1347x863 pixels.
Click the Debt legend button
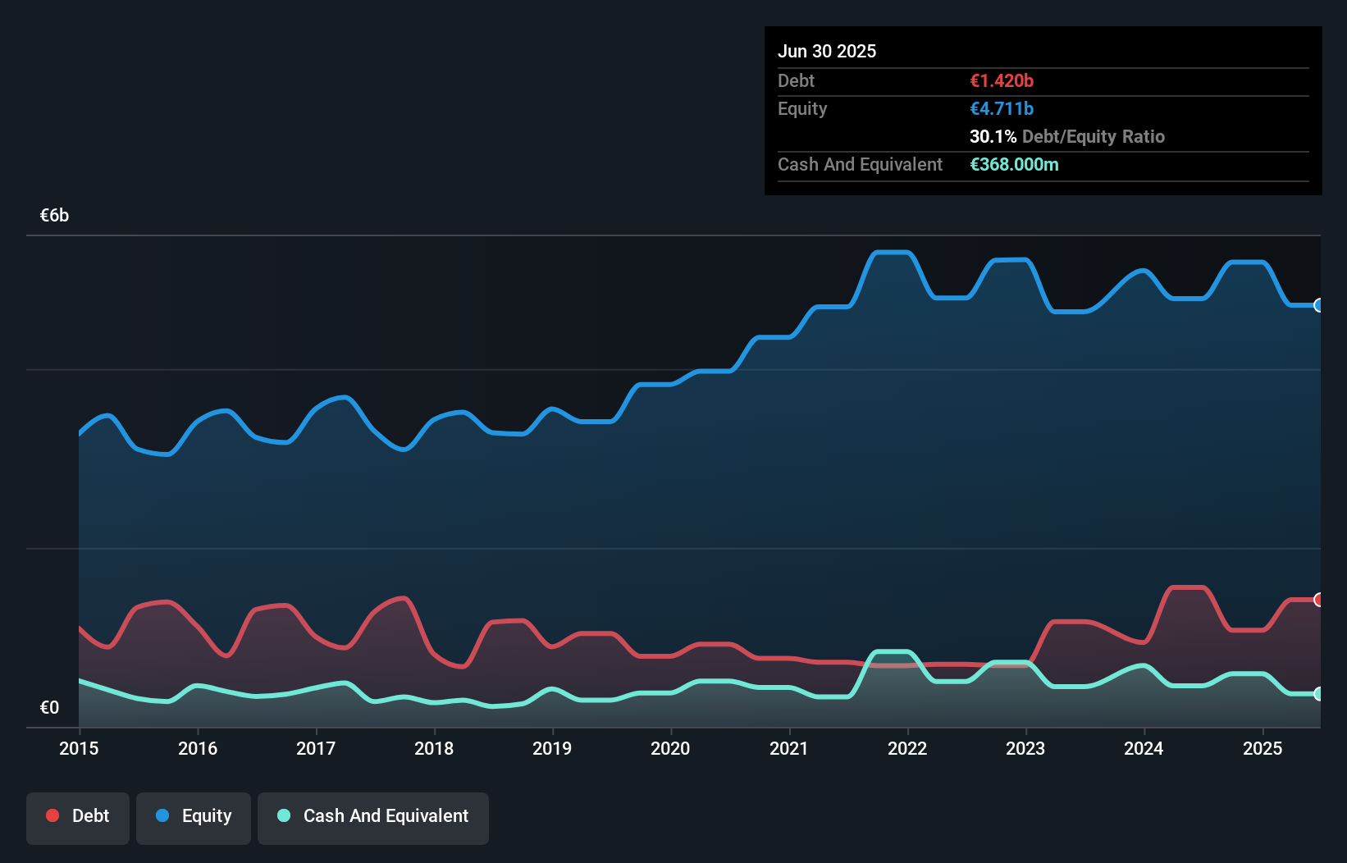pos(78,816)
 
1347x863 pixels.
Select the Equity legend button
pos(194,816)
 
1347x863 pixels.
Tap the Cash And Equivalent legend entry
pos(373,816)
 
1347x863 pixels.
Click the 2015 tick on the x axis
pos(79,748)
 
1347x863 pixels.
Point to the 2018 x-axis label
pos(434,748)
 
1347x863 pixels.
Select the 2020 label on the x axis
pos(670,748)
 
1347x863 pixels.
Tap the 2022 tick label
pos(907,748)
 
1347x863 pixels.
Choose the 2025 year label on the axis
pos(1262,748)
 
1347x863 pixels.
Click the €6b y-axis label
pos(55,216)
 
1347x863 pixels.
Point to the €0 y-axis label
pos(50,707)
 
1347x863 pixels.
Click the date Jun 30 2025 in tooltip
pos(827,51)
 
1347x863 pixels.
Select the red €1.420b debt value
pos(1002,80)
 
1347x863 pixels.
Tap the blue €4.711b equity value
pos(1002,108)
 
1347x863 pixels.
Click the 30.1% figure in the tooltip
pos(993,136)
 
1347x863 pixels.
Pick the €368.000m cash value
pos(1014,164)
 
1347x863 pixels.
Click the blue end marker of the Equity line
pos(1319,305)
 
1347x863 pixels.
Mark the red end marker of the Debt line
pos(1319,600)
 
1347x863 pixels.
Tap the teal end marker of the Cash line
pos(1319,694)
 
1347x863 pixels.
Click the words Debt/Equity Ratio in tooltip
pos(1093,136)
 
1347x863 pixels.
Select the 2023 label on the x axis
pos(1025,748)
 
